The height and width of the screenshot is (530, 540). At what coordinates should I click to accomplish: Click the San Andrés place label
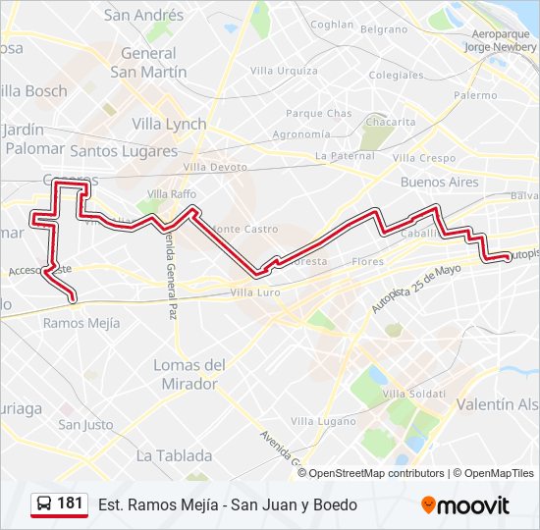click(x=143, y=16)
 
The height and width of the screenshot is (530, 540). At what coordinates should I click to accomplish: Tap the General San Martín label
click(x=148, y=63)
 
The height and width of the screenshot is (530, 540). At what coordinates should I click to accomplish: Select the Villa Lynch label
click(x=169, y=124)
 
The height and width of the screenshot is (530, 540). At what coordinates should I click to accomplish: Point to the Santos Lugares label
click(x=124, y=151)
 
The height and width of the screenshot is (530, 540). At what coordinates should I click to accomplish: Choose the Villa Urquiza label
click(x=284, y=71)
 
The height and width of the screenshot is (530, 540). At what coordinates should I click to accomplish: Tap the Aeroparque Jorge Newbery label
click(x=503, y=40)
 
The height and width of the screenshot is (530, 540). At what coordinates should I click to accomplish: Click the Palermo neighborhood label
click(x=475, y=95)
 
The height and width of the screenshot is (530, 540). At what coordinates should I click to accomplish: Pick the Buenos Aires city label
click(x=440, y=183)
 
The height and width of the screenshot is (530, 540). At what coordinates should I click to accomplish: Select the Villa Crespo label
click(x=424, y=158)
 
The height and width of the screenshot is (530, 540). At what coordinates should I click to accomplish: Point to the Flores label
click(x=368, y=262)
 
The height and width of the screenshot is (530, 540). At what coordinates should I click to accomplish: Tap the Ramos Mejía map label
click(x=81, y=322)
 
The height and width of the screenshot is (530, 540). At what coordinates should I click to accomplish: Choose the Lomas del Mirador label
click(x=189, y=374)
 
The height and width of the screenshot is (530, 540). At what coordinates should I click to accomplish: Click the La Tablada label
click(x=174, y=455)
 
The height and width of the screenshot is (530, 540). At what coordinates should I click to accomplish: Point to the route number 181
click(x=70, y=503)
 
